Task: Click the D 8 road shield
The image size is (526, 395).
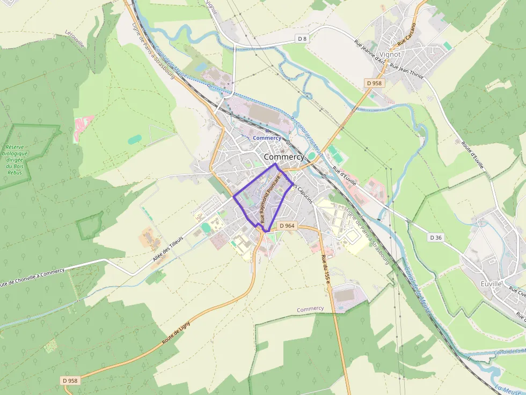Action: pyautogui.click(x=303, y=39)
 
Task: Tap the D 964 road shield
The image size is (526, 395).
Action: pyautogui.click(x=287, y=226)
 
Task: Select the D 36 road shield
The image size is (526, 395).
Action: pyautogui.click(x=435, y=237)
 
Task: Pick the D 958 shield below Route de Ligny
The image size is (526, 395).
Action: pyautogui.click(x=70, y=380)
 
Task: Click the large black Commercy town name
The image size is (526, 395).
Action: pyautogui.click(x=284, y=157)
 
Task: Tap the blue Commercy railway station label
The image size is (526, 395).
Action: pyautogui.click(x=267, y=138)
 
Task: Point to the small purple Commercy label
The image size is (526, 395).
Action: pyautogui.click(x=310, y=309)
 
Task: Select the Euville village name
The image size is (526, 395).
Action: pyautogui.click(x=492, y=283)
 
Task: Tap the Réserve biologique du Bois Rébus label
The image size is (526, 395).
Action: pyautogui.click(x=17, y=159)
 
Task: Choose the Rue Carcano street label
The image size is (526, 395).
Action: pyautogui.click(x=406, y=34)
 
